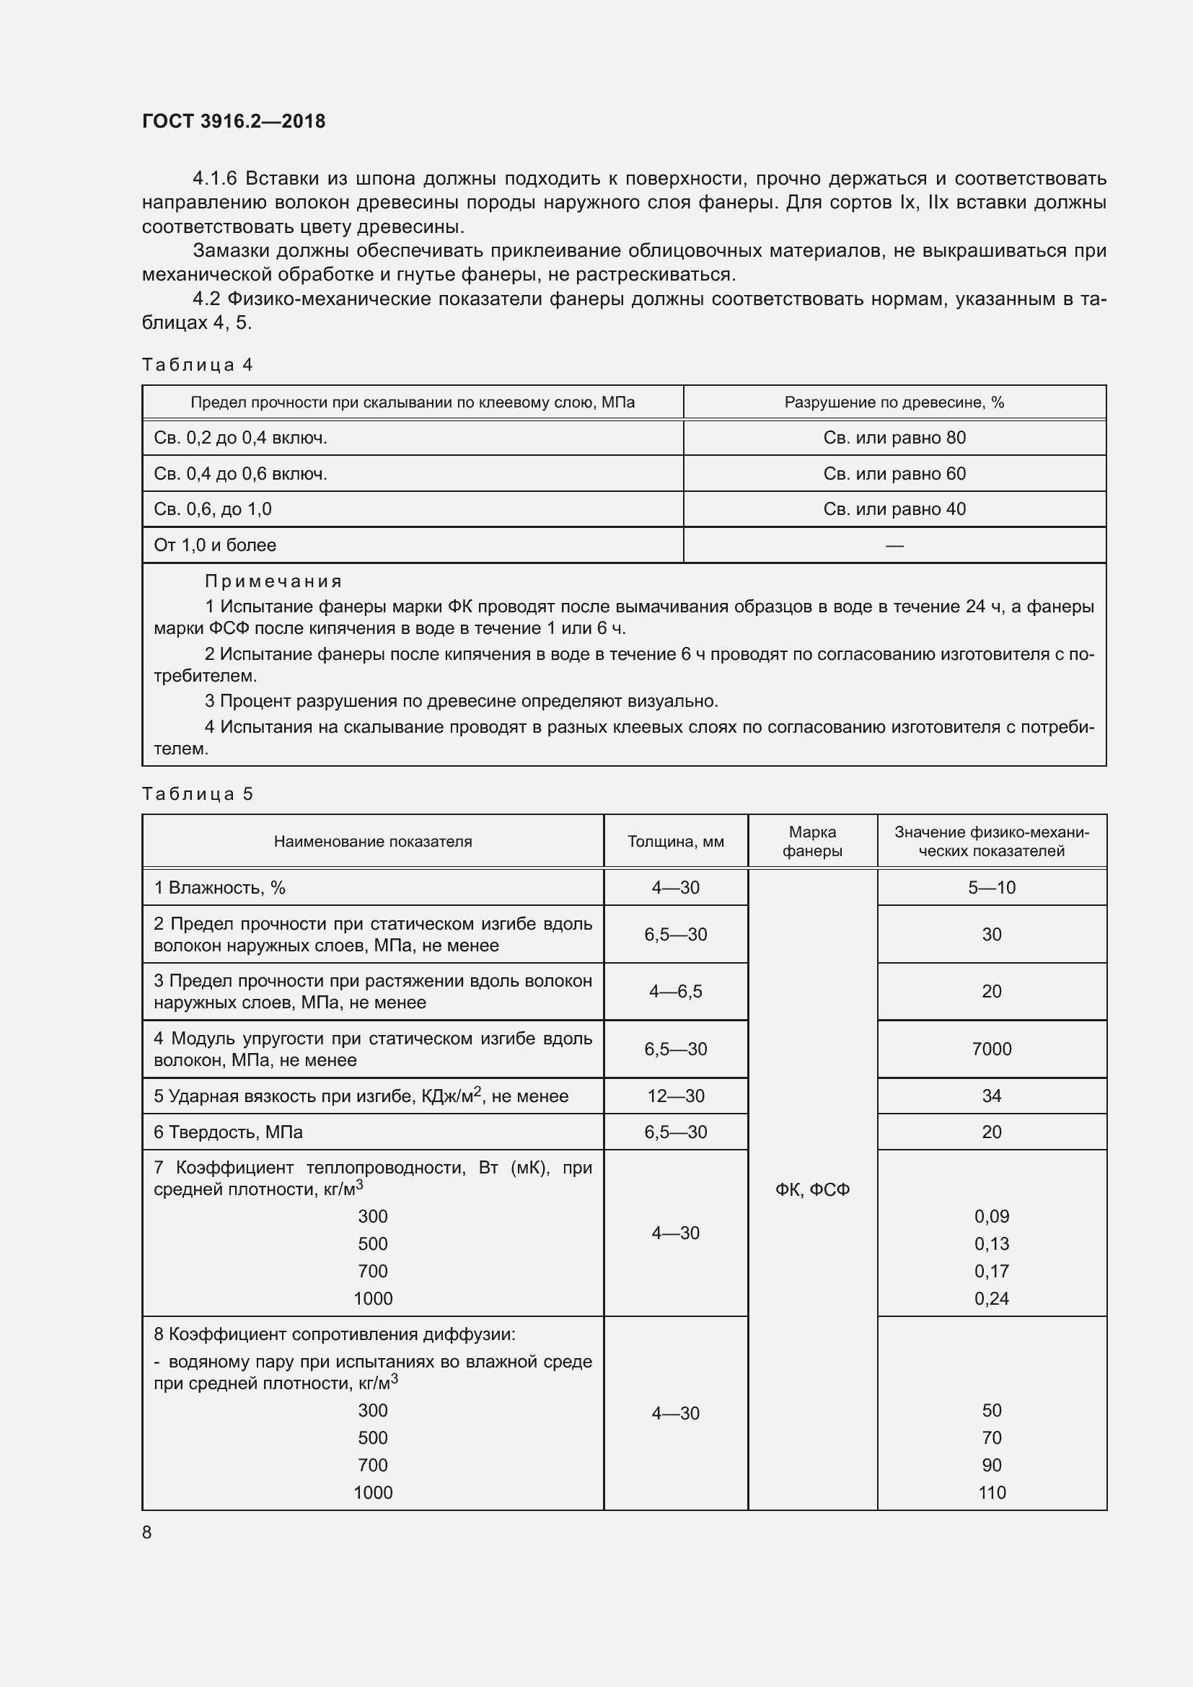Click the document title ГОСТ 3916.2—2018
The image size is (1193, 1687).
[x=234, y=121]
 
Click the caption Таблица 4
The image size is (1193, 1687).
[x=197, y=364]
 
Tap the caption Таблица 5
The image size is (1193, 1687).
[x=197, y=793]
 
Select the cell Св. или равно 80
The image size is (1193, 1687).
[x=894, y=438]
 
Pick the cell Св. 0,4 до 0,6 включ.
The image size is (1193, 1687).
[x=240, y=474]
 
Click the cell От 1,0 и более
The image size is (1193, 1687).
[x=214, y=545]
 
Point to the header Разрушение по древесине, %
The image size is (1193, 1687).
[x=894, y=402]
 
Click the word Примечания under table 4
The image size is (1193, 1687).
[x=273, y=581]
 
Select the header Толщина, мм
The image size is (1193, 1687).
[x=675, y=841]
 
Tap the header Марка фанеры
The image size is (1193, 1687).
[x=811, y=841]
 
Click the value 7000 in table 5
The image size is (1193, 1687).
[x=991, y=1049]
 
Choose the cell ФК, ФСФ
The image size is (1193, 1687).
[x=811, y=1189]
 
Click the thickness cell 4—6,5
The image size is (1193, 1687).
[x=675, y=991]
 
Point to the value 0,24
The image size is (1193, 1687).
[x=991, y=1298]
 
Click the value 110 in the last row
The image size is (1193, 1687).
[x=991, y=1492]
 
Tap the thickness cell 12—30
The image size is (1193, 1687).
[x=675, y=1096]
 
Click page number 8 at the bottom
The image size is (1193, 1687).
[x=147, y=1532]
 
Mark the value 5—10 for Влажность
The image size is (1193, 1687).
[x=991, y=888]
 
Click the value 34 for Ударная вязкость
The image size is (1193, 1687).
[x=991, y=1096]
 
